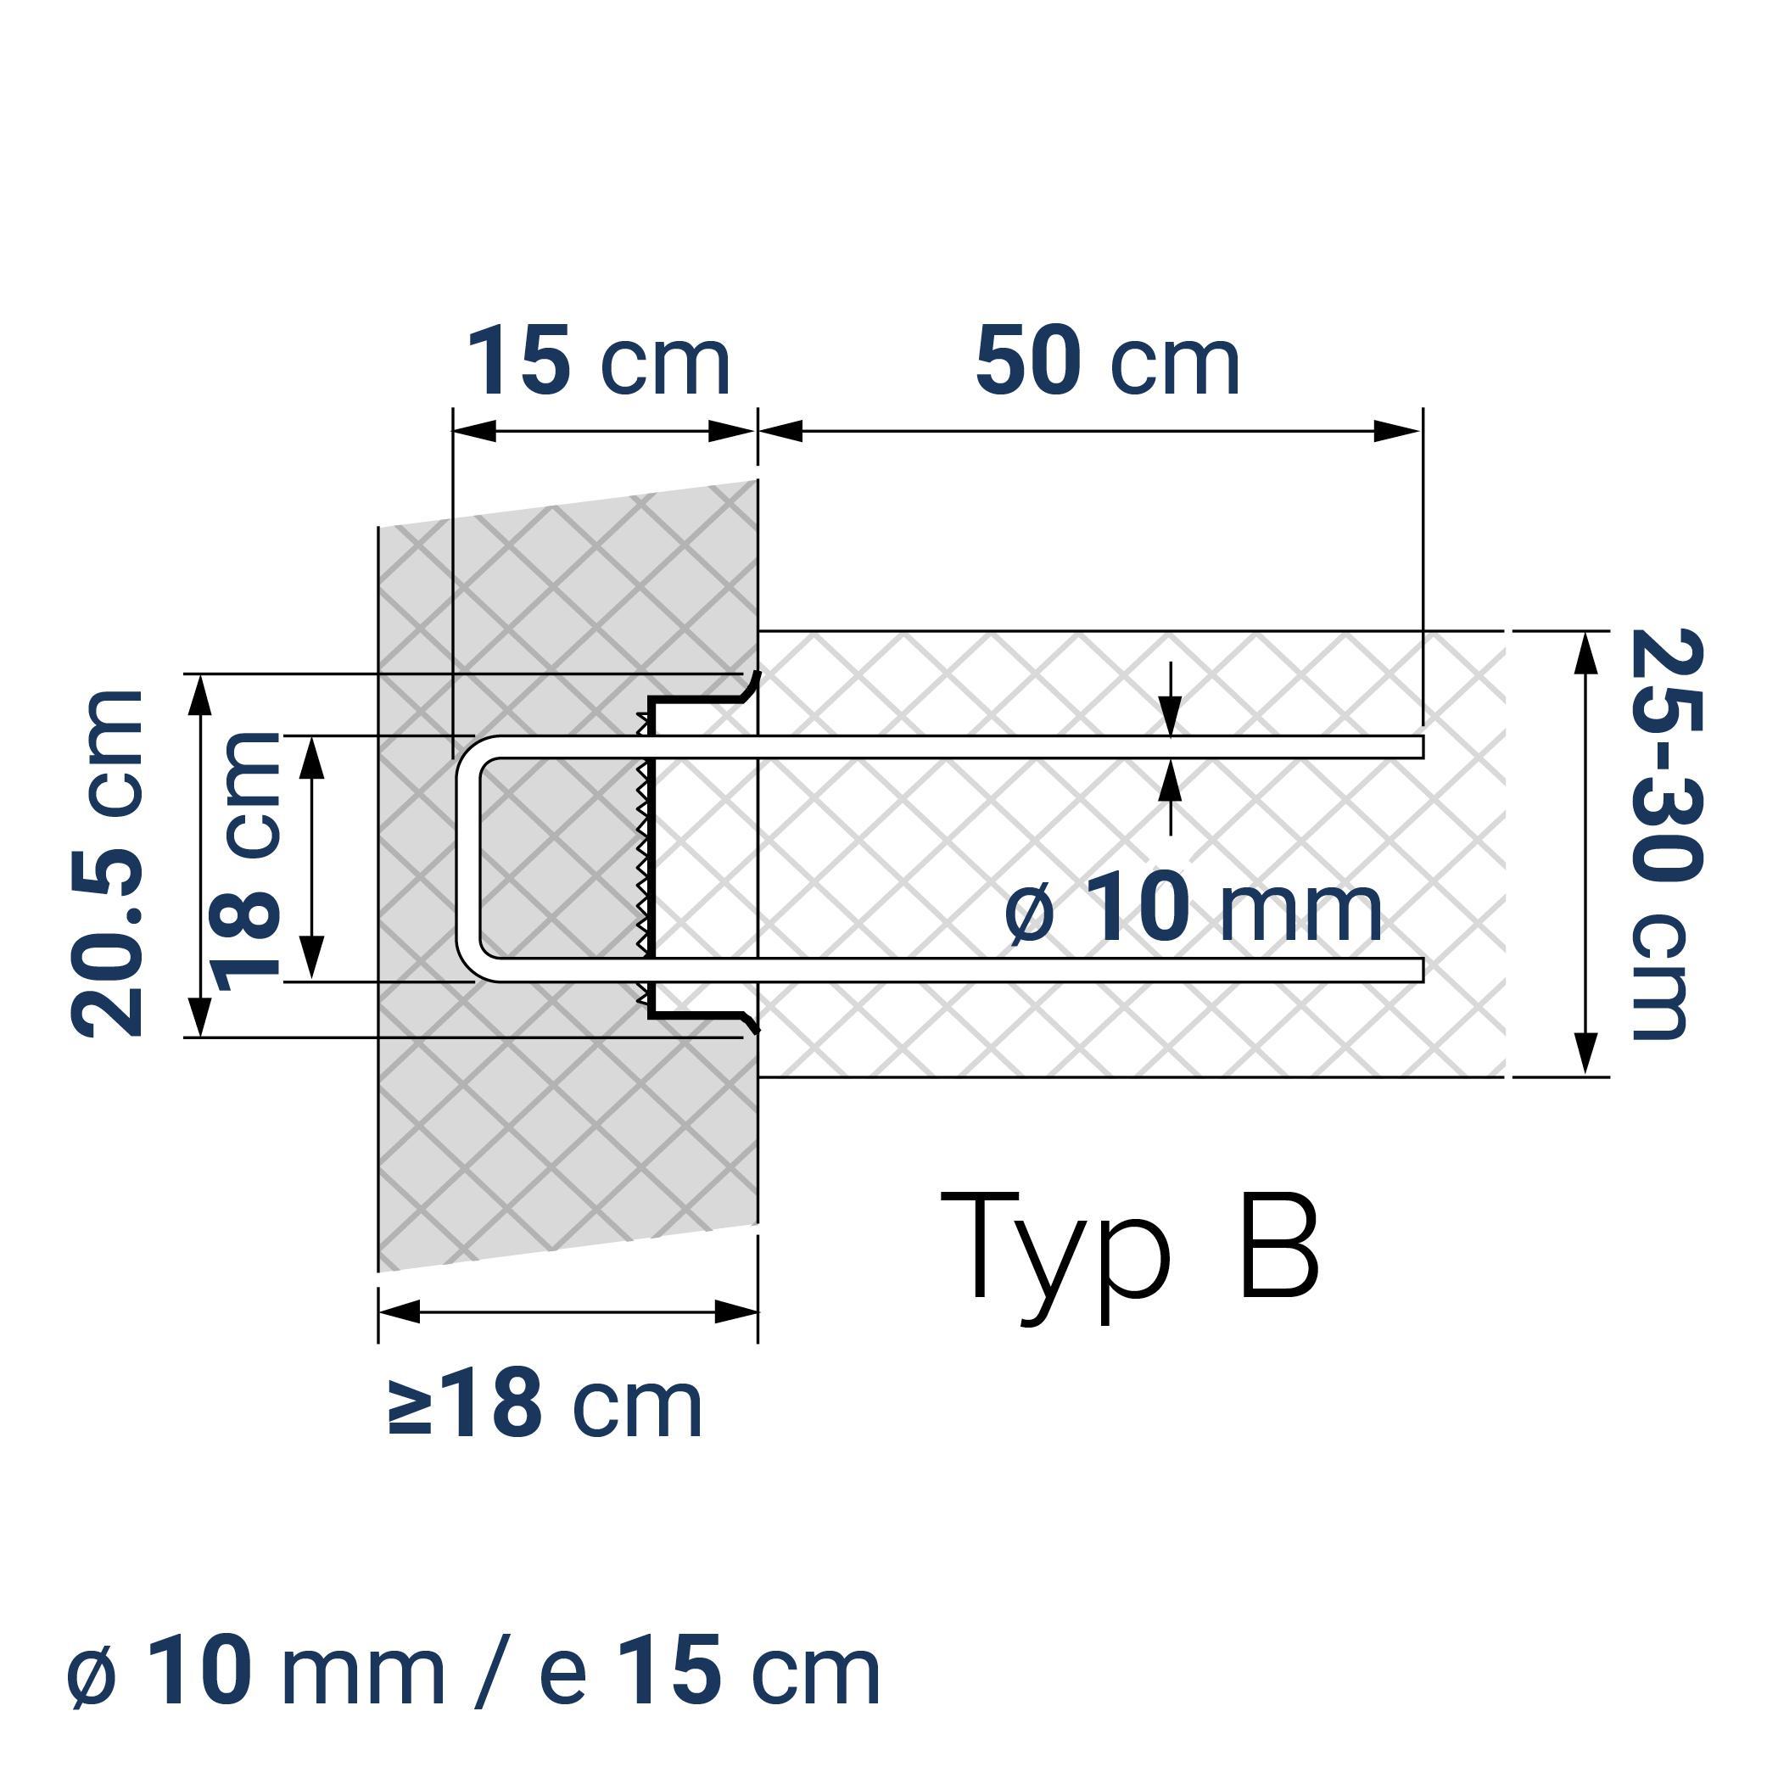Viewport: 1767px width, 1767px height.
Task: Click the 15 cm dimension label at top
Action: click(598, 362)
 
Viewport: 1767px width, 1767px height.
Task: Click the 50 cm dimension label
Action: click(1107, 362)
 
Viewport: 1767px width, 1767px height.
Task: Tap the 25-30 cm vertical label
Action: click(1666, 833)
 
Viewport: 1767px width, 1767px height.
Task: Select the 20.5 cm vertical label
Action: click(108, 864)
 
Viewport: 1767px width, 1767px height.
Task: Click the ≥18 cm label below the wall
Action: click(546, 1404)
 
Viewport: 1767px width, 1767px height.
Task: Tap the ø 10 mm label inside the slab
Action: click(1193, 909)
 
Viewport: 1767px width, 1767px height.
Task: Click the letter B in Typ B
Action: click(1278, 1245)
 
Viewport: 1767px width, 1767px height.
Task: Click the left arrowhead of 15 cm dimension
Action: click(473, 431)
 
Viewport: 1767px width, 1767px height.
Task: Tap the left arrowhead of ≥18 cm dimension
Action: click(399, 1311)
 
